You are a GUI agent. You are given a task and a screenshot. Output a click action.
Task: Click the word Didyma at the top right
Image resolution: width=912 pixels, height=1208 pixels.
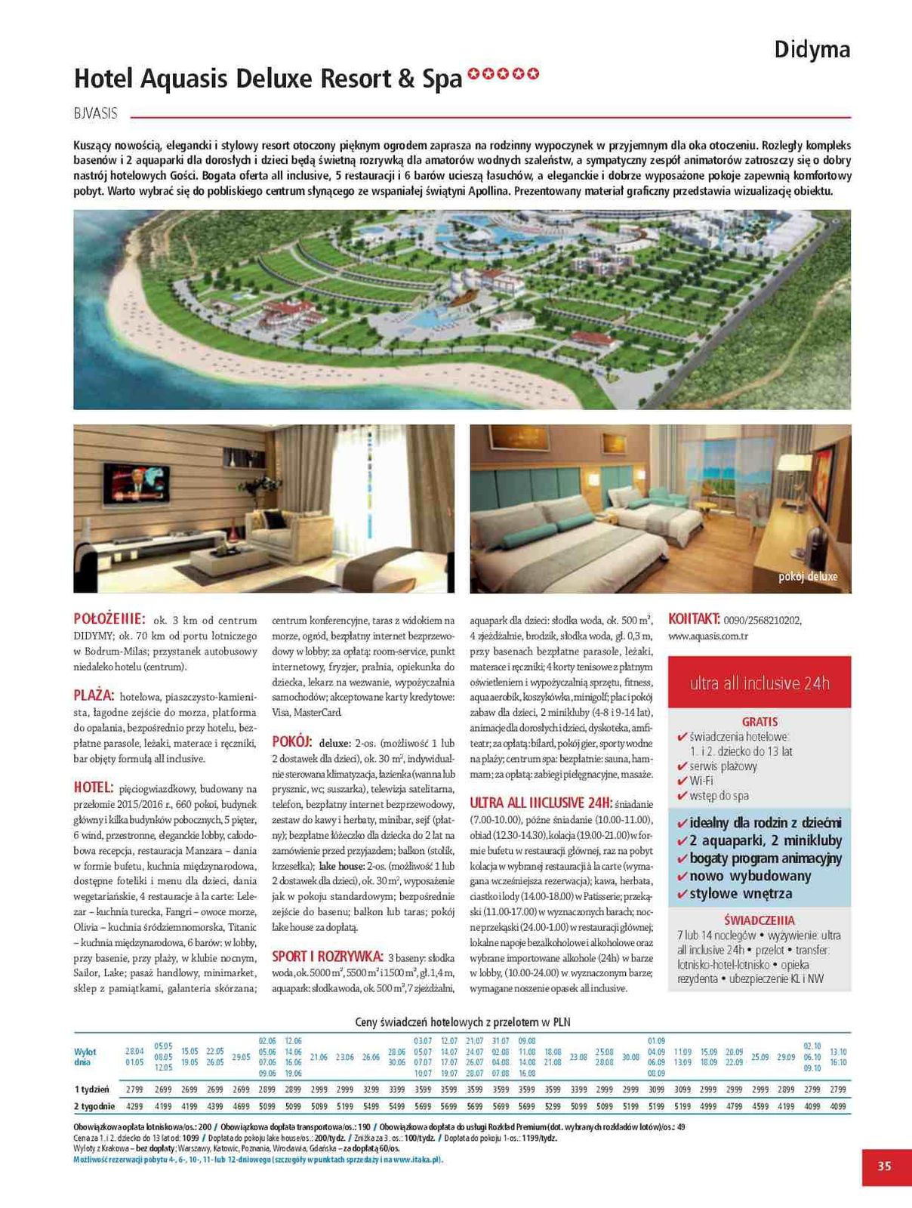812,50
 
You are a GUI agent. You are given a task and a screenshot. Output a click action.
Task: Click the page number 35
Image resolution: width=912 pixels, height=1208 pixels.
884,1166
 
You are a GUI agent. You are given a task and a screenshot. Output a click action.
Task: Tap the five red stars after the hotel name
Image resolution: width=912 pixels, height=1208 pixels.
503,74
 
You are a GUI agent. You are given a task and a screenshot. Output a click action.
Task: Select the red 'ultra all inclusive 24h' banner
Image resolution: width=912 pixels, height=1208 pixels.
759,683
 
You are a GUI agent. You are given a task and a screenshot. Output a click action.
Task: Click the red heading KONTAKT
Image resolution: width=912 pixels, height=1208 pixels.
694,619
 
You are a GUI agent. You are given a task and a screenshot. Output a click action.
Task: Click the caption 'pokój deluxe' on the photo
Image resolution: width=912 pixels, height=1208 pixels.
808,577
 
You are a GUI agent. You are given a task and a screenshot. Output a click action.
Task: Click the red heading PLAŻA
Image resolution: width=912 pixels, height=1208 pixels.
94,695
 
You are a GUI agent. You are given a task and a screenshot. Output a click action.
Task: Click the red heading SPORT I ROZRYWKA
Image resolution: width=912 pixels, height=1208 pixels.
328,956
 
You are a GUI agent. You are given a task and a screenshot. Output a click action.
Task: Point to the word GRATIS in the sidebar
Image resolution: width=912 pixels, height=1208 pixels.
759,721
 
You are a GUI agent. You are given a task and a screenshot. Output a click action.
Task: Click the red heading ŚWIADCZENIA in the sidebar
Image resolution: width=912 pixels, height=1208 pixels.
759,920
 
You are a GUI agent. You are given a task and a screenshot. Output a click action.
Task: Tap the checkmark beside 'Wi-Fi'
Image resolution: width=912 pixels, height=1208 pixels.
682,781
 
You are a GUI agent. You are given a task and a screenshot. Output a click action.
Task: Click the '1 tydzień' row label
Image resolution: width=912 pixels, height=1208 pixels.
91,1089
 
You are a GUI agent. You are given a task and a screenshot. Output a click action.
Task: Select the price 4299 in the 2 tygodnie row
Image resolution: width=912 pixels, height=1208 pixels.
134,1107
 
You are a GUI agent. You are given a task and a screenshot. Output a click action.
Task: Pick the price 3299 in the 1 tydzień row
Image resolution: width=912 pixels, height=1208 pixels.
371,1089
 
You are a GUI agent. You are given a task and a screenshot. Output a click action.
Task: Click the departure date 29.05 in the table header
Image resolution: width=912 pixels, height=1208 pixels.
241,1057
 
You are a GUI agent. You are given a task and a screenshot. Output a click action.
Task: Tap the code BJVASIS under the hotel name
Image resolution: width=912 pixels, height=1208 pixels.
96,113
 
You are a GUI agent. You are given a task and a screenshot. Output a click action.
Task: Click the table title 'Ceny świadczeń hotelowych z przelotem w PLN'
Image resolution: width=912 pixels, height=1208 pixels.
462,1022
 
